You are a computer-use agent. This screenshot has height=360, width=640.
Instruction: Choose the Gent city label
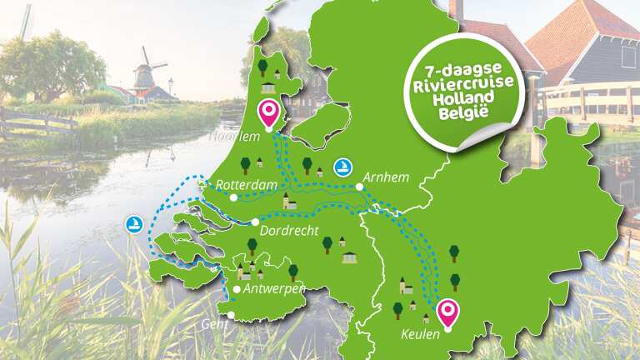213,325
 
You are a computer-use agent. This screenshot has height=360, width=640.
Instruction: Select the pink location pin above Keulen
448,312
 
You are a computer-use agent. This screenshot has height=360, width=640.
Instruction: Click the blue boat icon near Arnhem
342,167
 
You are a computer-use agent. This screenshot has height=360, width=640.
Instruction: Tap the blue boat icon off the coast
133,223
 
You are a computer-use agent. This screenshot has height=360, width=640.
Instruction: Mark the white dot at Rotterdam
234,197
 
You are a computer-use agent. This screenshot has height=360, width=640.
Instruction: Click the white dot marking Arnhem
359,187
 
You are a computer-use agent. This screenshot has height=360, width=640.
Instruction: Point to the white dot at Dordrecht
254,222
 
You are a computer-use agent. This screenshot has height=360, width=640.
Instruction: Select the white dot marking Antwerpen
237,289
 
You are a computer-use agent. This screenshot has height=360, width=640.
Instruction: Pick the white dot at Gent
231,315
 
